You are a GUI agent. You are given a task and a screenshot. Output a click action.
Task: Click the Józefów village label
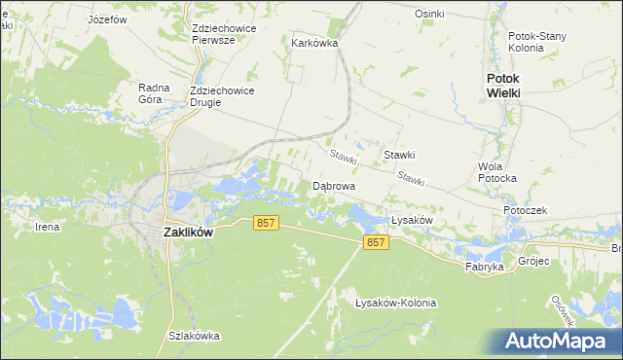click(108, 18)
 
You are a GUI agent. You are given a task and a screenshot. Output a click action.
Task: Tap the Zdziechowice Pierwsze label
click(224, 34)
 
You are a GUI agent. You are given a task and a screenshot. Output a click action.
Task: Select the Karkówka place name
click(314, 43)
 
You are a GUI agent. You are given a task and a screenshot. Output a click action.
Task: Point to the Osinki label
click(429, 14)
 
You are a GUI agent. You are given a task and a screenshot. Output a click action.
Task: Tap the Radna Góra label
click(155, 93)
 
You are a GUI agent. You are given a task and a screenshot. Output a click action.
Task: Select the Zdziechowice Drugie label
click(223, 97)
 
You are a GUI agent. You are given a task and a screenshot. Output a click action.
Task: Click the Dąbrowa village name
click(333, 185)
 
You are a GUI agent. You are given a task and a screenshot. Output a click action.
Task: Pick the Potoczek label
click(527, 210)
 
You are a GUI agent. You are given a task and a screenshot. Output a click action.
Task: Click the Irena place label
click(47, 227)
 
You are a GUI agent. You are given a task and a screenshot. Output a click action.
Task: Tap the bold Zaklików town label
click(188, 233)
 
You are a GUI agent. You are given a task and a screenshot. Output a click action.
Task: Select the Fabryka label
click(485, 266)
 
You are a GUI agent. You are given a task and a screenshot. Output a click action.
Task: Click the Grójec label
click(534, 261)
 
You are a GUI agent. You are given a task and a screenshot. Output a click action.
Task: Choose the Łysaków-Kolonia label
click(395, 303)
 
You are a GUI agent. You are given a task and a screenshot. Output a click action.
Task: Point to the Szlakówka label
click(194, 336)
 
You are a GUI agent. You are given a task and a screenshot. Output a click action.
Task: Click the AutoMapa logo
click(559, 341)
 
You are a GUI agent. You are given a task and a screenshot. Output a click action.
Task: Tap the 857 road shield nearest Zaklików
click(267, 223)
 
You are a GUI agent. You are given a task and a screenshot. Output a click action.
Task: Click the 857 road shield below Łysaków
click(376, 242)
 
